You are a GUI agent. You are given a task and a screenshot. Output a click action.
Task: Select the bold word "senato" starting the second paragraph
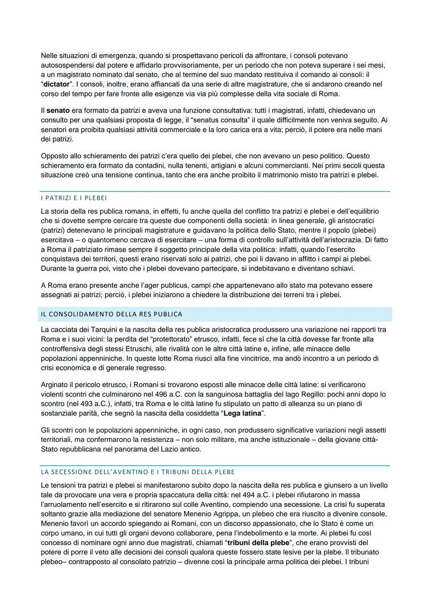tap(58, 110)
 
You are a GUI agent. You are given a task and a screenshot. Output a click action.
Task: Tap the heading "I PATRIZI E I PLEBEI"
tap(74, 198)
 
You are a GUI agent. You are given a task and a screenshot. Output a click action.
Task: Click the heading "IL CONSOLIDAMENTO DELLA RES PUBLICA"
tap(111, 314)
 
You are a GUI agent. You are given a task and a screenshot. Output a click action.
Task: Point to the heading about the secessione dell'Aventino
tap(138, 472)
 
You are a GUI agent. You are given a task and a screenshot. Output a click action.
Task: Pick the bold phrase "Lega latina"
tap(242, 413)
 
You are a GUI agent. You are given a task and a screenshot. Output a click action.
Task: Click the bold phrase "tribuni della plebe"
tap(258, 543)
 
